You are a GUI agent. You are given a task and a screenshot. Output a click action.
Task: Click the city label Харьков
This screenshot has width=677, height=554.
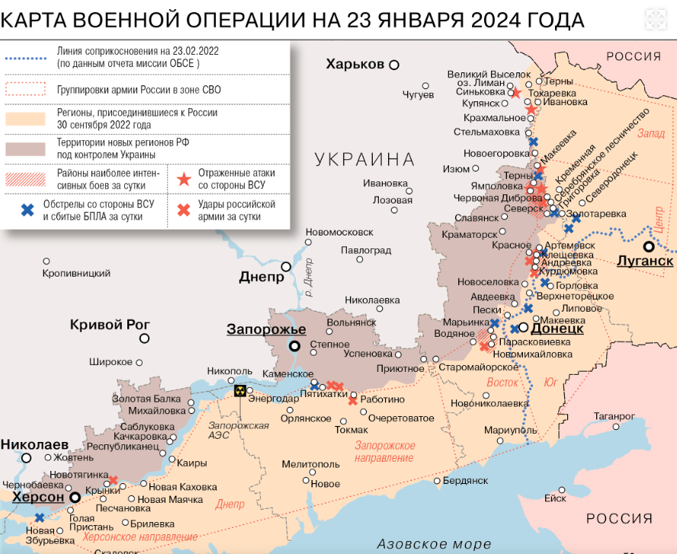pos(355,64)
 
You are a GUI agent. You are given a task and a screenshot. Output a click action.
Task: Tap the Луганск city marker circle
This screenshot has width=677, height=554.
pos(648,246)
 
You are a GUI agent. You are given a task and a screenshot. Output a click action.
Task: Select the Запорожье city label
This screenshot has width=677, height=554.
pos(266,330)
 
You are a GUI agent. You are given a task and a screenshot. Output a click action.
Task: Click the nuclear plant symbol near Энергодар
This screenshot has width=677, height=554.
pos(240,391)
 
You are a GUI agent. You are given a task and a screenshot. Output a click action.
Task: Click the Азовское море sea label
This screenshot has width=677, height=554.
pos(434,544)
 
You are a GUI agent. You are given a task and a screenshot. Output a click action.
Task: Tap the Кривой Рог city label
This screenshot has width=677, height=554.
pos(110,325)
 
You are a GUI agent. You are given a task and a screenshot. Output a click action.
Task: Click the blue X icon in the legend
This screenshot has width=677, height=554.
pos(27,210)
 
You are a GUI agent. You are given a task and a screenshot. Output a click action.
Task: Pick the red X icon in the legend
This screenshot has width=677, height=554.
pos(183,210)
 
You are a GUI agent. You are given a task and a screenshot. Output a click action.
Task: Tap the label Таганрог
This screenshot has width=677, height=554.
pos(614,416)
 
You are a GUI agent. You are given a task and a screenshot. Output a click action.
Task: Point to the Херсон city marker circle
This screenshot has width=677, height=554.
pos(75,497)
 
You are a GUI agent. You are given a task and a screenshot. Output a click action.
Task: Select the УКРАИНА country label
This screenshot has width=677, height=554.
pos(364,159)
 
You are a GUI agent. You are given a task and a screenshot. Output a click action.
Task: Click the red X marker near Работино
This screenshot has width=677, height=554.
pos(352,400)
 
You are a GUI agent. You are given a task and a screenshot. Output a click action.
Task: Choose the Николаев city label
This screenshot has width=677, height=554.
pos(34,444)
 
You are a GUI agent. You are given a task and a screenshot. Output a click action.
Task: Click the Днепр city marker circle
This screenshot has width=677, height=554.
pos(286,267)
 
